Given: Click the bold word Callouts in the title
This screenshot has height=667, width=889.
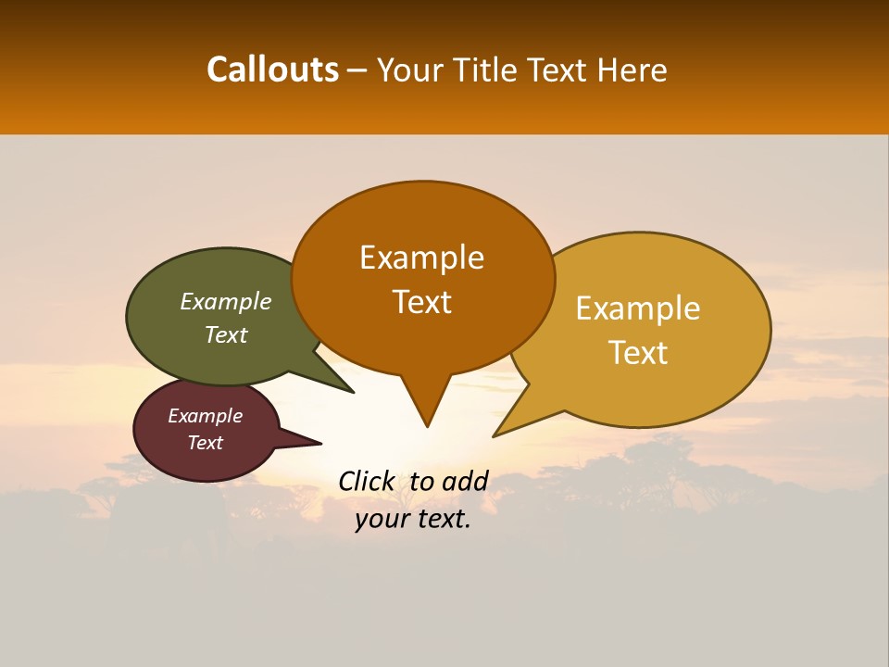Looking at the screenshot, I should (x=272, y=69).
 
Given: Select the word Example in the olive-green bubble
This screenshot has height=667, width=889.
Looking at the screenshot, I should (x=226, y=301).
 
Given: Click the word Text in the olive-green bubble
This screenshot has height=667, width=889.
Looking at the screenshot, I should (x=226, y=334).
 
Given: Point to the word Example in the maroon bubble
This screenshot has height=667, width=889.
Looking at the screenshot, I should (x=206, y=416).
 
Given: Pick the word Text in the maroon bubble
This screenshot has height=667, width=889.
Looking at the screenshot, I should (x=206, y=443).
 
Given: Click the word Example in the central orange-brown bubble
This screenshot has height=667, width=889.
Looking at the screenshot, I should (x=422, y=258).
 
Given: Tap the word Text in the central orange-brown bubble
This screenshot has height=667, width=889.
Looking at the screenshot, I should (x=422, y=302).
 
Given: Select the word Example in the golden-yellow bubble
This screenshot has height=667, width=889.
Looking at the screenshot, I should (x=638, y=308).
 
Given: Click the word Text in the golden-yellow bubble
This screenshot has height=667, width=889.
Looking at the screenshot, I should (x=639, y=353).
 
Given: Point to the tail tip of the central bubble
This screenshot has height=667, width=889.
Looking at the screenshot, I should (x=427, y=425).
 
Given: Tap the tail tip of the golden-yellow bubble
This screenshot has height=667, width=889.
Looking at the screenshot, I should (x=495, y=434).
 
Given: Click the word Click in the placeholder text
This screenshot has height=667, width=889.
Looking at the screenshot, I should (x=366, y=481).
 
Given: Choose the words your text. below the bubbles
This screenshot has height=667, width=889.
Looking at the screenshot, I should (x=413, y=519).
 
